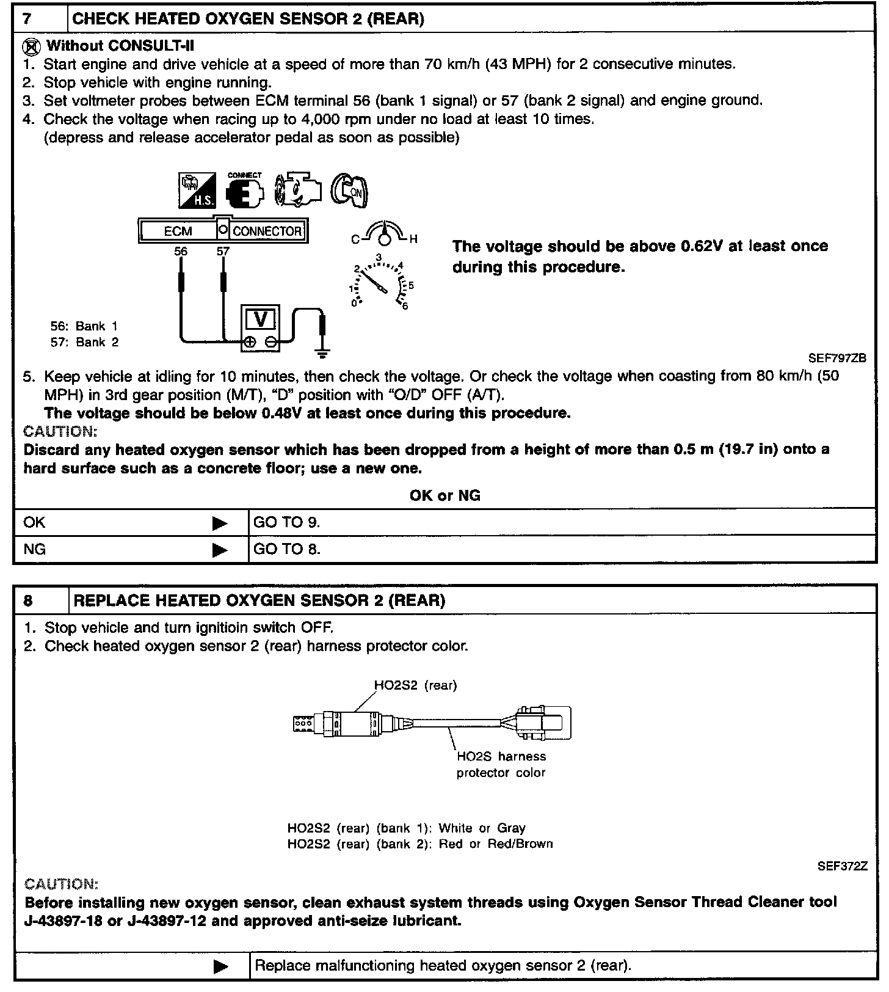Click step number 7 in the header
[27, 19]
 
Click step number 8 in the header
[28, 600]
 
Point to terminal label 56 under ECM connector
[181, 252]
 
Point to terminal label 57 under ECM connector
[223, 252]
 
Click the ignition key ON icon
[350, 192]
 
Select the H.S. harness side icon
[197, 191]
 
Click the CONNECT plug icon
[244, 191]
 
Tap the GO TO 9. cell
[287, 523]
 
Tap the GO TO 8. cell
[287, 550]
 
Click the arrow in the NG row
[220, 550]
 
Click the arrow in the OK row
[220, 523]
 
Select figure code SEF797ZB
[837, 359]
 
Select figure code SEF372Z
[842, 866]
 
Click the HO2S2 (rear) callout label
[415, 685]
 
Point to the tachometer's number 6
[405, 306]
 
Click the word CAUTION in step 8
[60, 884]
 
